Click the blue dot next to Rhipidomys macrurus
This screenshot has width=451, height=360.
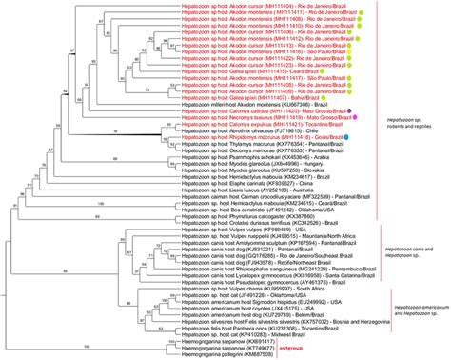pyautogui.click(x=351, y=137)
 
